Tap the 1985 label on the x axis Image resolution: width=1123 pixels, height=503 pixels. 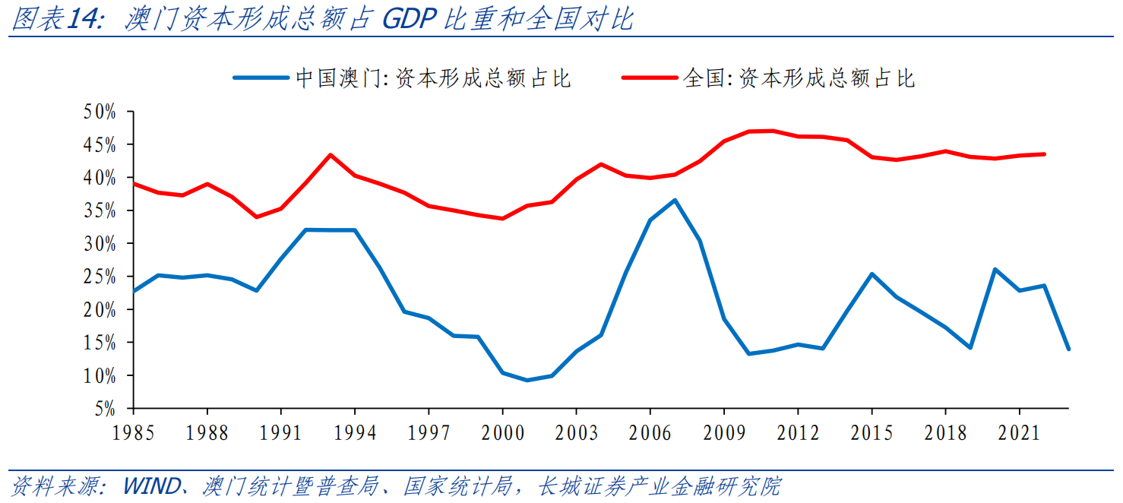point(133,433)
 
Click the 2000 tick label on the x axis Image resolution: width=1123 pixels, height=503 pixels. point(503,433)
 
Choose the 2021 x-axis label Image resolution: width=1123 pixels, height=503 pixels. point(1020,433)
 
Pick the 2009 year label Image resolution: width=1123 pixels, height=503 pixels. point(724,433)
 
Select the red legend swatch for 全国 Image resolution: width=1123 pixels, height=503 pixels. point(650,78)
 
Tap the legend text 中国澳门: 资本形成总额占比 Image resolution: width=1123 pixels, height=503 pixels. point(433,78)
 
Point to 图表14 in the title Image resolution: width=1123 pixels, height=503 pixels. point(56,20)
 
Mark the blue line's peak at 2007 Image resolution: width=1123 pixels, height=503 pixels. point(675,201)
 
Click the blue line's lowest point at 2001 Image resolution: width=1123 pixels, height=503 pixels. point(527,380)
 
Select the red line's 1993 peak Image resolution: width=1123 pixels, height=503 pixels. point(330,155)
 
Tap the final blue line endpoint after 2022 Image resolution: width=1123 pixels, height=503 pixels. point(1068,349)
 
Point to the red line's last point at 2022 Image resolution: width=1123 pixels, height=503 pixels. point(1044,154)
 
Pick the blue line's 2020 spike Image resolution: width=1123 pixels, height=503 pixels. point(995,270)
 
